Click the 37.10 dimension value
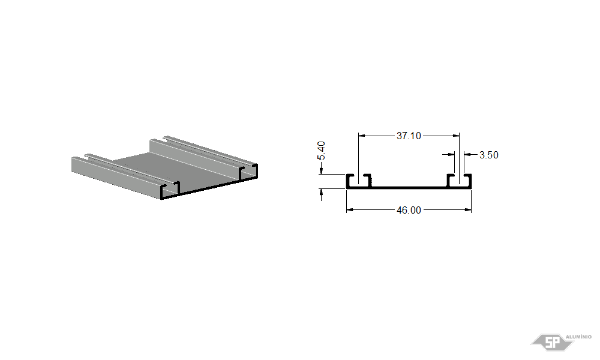409,136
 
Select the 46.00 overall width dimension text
409,210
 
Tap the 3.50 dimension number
488,155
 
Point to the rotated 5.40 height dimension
322,151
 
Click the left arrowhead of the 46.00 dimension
349,209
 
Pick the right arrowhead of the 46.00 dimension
468,209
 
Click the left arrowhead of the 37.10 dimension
362,136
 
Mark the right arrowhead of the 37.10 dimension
456,136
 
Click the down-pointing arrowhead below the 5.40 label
321,170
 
